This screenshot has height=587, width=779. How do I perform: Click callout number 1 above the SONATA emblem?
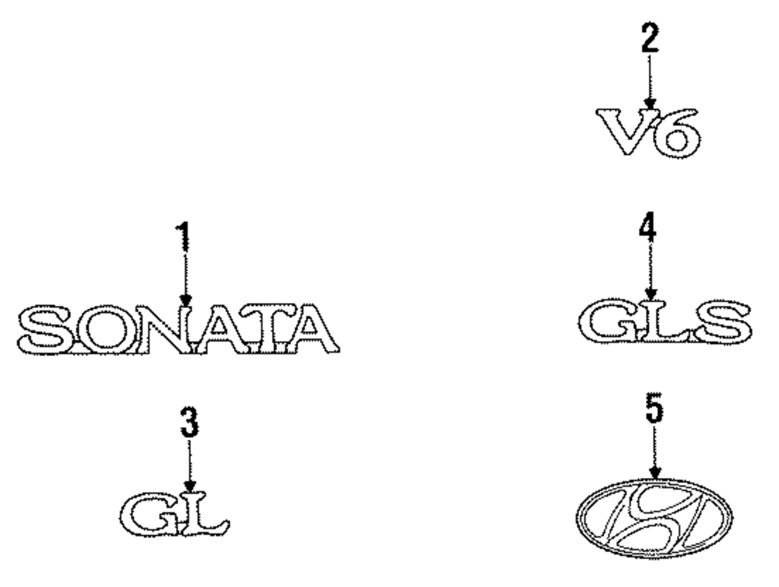click(x=183, y=237)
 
